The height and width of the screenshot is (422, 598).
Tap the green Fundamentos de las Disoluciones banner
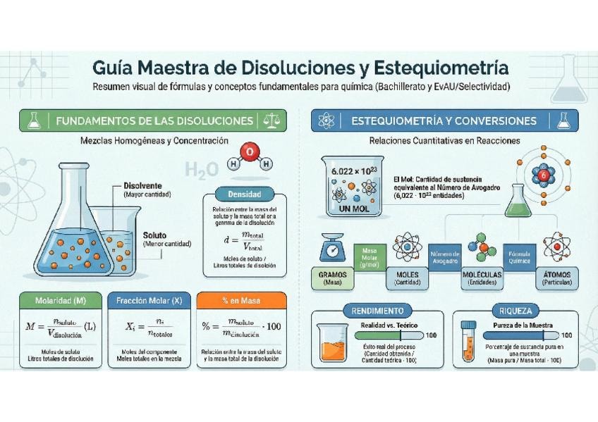click(x=154, y=120)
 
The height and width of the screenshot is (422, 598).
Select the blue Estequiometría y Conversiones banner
click(x=444, y=120)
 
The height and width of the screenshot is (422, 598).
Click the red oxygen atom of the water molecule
click(x=248, y=151)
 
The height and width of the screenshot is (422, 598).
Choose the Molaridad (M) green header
click(x=61, y=301)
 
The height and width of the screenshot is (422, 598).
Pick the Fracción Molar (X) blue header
click(x=149, y=301)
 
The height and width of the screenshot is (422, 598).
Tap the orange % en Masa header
click(x=240, y=301)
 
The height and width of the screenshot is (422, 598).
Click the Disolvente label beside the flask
click(x=142, y=185)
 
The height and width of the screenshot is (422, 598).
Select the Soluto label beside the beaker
click(x=155, y=235)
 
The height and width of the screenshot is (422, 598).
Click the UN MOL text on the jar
click(x=354, y=209)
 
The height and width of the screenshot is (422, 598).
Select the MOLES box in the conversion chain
click(x=408, y=277)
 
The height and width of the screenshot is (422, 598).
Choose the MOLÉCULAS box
click(x=482, y=277)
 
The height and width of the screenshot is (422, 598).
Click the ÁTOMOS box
click(x=558, y=277)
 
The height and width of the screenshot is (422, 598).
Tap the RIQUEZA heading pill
click(x=518, y=310)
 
